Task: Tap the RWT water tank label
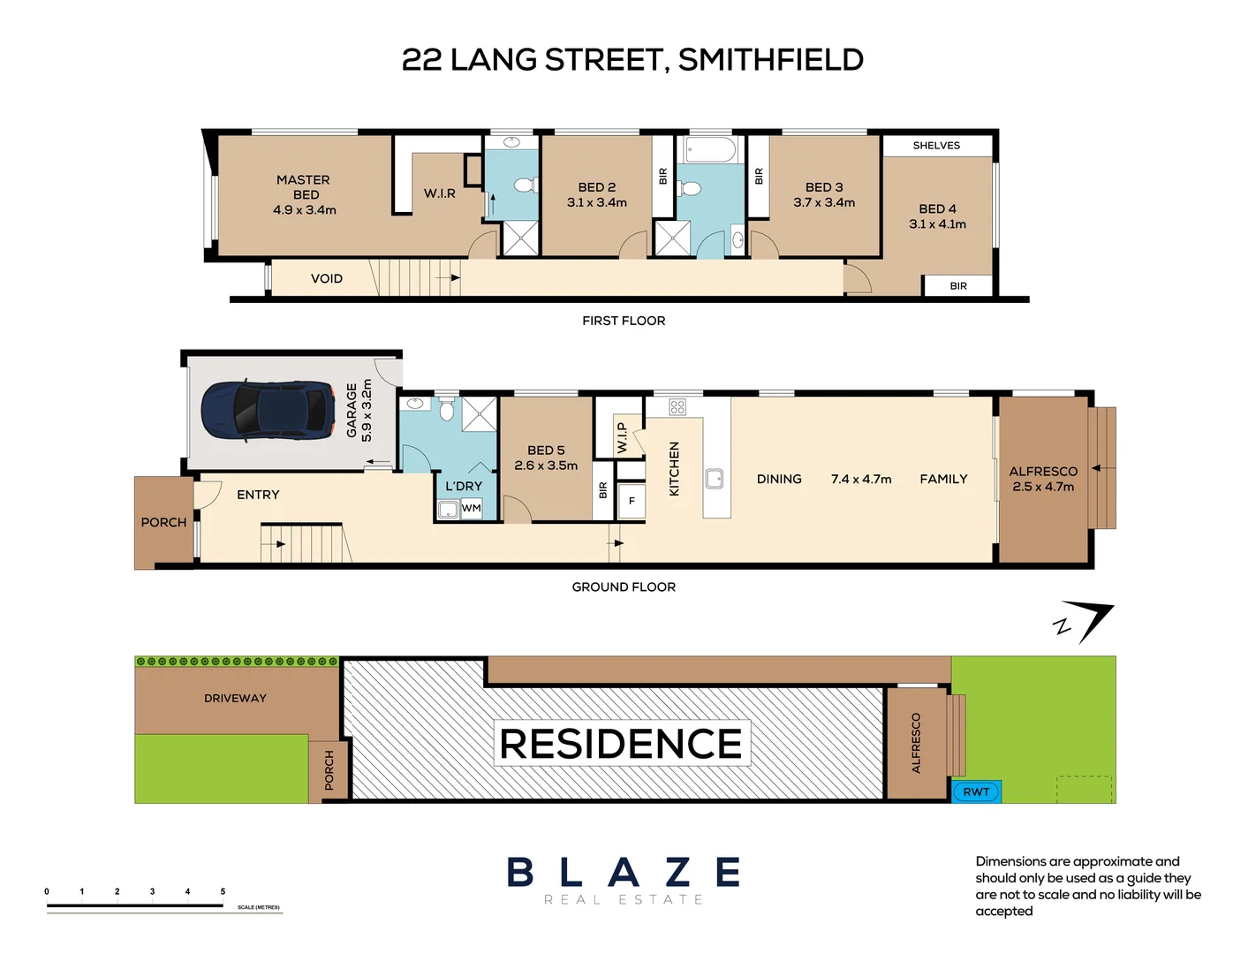(x=976, y=791)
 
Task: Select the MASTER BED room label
(x=305, y=187)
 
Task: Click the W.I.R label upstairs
(x=439, y=193)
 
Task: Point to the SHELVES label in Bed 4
(x=936, y=146)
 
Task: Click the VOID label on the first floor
(x=326, y=278)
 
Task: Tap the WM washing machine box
(x=471, y=509)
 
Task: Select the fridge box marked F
(x=632, y=501)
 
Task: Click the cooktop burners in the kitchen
(x=677, y=407)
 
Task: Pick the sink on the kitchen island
(x=715, y=479)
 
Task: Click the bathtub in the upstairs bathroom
(x=710, y=149)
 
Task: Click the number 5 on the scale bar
(x=223, y=891)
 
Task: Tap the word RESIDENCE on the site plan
(x=621, y=744)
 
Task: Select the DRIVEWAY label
(x=235, y=698)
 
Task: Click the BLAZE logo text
(x=624, y=873)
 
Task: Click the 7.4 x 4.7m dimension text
(x=861, y=479)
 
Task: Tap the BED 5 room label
(x=546, y=450)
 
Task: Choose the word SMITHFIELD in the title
(x=770, y=60)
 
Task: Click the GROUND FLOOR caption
(x=624, y=587)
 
